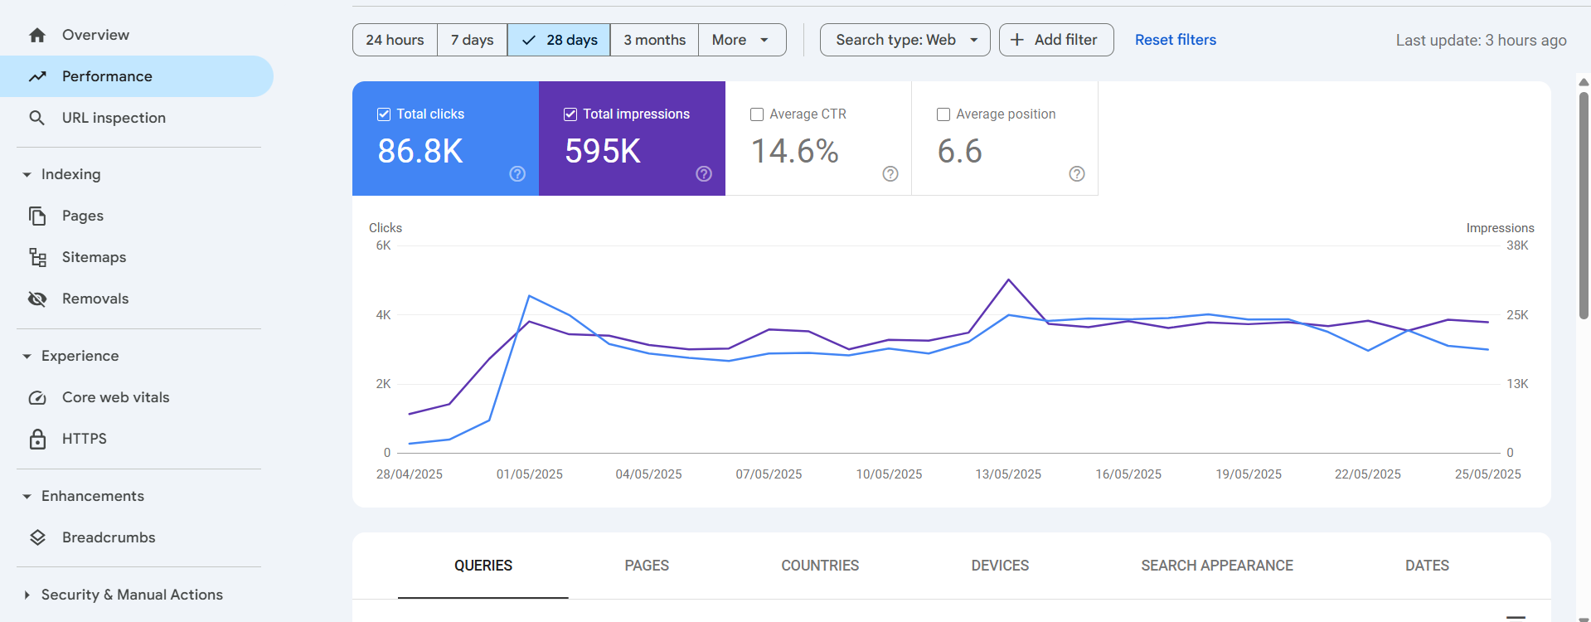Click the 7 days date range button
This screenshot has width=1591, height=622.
point(472,40)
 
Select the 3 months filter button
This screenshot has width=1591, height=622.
point(654,40)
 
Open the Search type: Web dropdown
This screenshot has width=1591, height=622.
point(905,40)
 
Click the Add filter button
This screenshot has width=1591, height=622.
point(1055,40)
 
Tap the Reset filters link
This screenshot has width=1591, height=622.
point(1175,40)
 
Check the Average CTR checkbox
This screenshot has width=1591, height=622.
point(757,114)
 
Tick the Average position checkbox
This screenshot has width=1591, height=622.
point(943,114)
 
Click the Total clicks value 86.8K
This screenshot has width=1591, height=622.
point(420,151)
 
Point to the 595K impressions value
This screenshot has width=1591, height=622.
point(603,151)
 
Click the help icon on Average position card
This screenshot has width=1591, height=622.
point(1076,173)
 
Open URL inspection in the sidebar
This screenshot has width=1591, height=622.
point(114,118)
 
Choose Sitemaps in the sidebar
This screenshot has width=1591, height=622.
point(94,257)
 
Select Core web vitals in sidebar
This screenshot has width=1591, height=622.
point(115,397)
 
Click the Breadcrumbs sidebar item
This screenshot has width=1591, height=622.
point(109,537)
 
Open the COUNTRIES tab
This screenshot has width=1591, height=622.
point(820,566)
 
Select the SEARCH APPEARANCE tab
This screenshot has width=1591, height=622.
point(1216,566)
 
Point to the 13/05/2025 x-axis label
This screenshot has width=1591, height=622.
point(1008,474)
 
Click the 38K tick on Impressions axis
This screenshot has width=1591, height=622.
point(1516,245)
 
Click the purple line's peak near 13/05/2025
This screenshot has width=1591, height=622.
point(1008,280)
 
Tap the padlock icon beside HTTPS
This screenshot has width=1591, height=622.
point(37,439)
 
